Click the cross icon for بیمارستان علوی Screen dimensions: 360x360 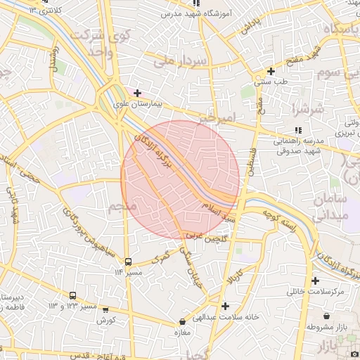click(x=137, y=93)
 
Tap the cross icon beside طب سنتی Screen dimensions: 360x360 click(x=271, y=71)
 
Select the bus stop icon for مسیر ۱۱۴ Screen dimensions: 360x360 click(x=127, y=262)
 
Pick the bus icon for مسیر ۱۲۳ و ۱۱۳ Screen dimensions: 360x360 click(x=73, y=295)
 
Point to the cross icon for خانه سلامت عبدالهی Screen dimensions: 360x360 click(x=224, y=306)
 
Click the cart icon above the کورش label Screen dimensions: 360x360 click(x=105, y=309)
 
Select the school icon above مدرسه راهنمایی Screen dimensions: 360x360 click(x=299, y=130)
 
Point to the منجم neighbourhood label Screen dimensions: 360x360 click(x=123, y=207)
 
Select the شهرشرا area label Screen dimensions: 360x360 click(x=310, y=110)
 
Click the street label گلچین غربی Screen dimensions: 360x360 click(x=204, y=239)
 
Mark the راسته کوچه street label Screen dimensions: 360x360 click(x=278, y=219)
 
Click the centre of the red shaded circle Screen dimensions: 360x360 click(x=181, y=180)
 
